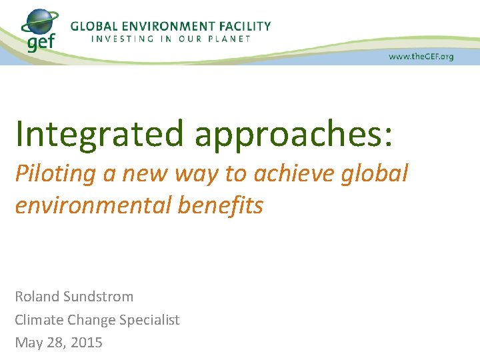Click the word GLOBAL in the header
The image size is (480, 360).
point(96,26)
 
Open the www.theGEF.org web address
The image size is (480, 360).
point(421,57)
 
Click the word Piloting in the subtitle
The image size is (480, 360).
point(56,174)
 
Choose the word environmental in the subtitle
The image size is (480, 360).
point(93,205)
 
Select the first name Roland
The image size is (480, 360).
point(37,296)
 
